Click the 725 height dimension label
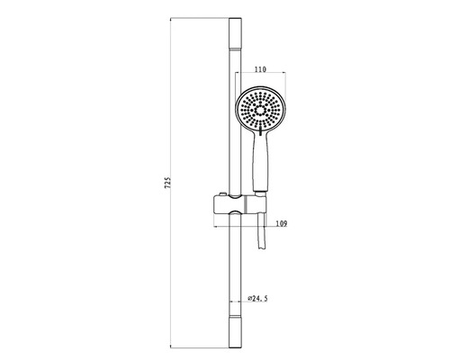[x=168, y=183]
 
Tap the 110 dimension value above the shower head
[x=260, y=69]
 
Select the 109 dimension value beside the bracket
[x=281, y=223]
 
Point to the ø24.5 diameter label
[x=258, y=299]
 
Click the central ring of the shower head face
[x=260, y=111]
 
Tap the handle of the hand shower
[x=261, y=162]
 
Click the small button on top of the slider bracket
[x=222, y=194]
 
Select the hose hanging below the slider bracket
[x=262, y=231]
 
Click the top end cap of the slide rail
[x=235, y=32]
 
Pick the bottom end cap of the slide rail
[x=235, y=332]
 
